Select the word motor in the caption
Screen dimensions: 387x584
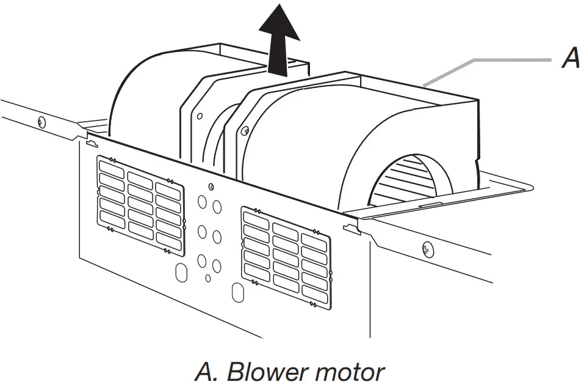point(351,371)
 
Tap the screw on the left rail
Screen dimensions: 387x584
point(41,120)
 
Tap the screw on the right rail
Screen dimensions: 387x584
point(428,248)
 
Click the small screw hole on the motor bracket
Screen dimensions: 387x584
point(245,130)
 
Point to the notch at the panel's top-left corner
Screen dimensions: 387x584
point(91,144)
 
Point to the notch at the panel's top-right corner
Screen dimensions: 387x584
point(350,229)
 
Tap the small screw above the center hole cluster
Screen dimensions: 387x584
point(211,186)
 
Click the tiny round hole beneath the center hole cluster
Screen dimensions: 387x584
point(208,279)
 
